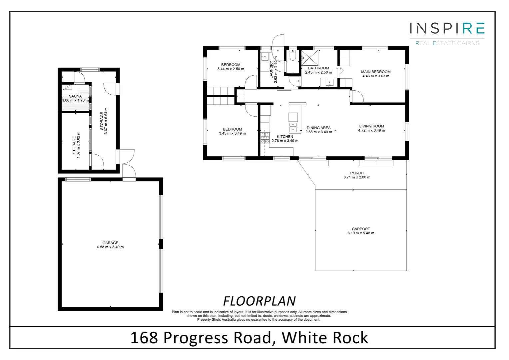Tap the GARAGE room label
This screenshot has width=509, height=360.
pyautogui.click(x=110, y=243)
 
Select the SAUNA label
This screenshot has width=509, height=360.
pyautogui.click(x=75, y=96)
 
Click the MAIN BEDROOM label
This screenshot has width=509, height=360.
pyautogui.click(x=376, y=72)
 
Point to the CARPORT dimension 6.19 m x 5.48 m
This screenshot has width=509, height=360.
pyautogui.click(x=361, y=233)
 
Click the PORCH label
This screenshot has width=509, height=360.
pyautogui.click(x=357, y=173)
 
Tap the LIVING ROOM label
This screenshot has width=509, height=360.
pyautogui.click(x=371, y=126)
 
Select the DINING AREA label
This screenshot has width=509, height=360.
pyautogui.click(x=318, y=128)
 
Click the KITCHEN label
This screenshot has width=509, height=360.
pyautogui.click(x=285, y=137)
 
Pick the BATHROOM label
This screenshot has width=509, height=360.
pyautogui.click(x=318, y=68)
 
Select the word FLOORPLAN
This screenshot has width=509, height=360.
pyautogui.click(x=259, y=301)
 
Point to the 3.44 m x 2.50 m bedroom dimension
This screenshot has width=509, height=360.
pyautogui.click(x=231, y=69)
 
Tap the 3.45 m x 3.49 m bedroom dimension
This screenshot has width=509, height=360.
pyautogui.click(x=232, y=134)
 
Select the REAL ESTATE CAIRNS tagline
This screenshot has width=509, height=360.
pyautogui.click(x=447, y=43)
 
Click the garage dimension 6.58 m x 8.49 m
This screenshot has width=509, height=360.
pyautogui.click(x=110, y=247)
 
